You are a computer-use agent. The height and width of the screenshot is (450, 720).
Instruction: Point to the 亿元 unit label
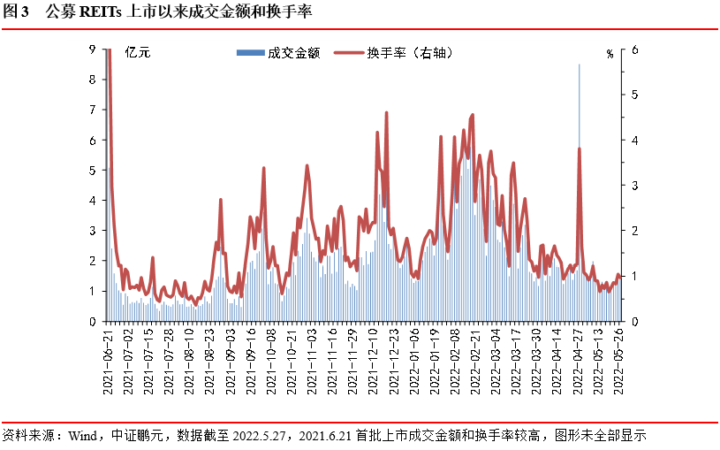click(x=139, y=52)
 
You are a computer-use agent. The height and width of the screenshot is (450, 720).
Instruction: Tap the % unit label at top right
click(x=609, y=53)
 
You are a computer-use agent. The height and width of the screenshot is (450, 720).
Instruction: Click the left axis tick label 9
click(x=94, y=50)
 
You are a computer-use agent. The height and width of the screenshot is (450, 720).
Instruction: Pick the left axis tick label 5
click(x=94, y=171)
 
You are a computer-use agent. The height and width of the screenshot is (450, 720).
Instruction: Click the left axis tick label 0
click(x=94, y=322)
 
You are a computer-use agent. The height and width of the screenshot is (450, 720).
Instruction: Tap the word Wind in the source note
click(x=82, y=436)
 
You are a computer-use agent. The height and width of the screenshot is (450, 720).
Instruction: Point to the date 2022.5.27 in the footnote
click(x=264, y=436)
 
